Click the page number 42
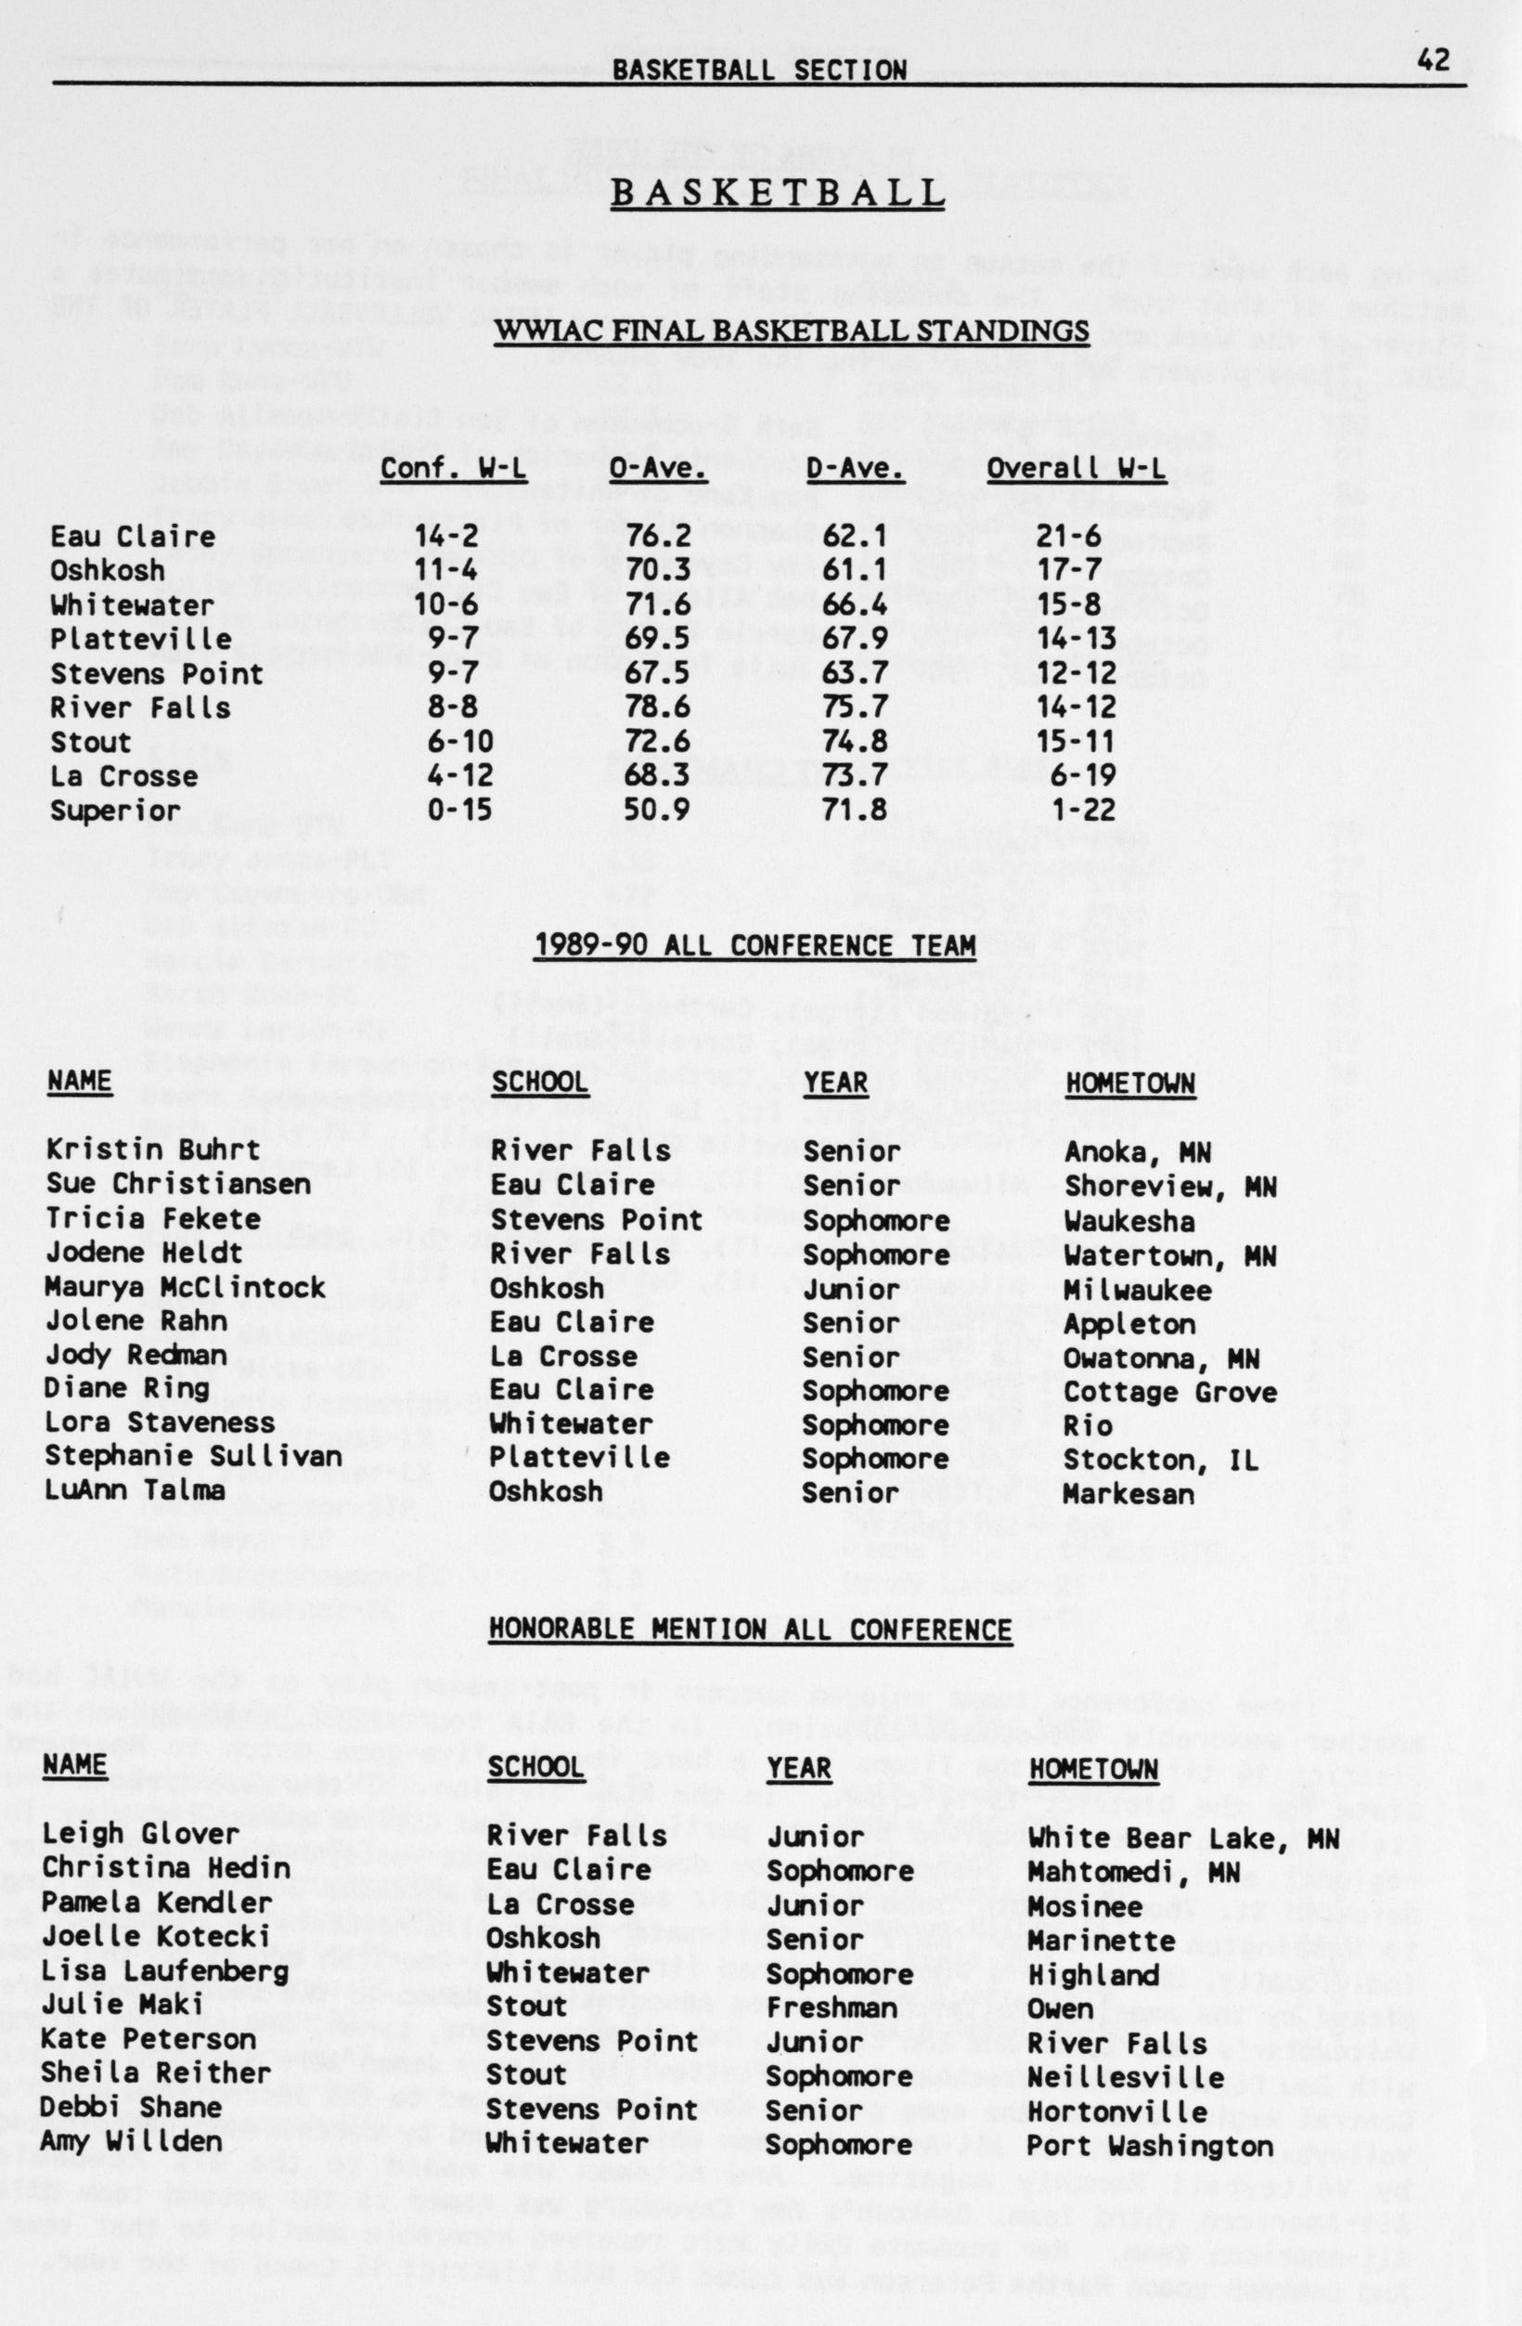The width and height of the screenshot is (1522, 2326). tap(1434, 59)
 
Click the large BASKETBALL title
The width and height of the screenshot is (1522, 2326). tap(778, 192)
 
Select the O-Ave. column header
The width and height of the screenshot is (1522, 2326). tap(658, 469)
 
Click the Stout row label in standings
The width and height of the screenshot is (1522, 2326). tap(91, 742)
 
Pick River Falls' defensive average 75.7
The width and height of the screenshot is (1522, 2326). tap(855, 707)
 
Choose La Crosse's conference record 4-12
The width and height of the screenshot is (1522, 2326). tap(459, 776)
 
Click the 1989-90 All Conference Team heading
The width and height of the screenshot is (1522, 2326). tap(755, 945)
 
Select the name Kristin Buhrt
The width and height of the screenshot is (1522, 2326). tap(153, 1150)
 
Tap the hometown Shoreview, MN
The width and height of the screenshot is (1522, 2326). tap(1171, 1185)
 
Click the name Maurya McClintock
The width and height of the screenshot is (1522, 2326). tap(186, 1287)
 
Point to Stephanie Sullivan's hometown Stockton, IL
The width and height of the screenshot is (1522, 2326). tap(1162, 1459)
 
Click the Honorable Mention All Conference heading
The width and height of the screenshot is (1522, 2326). tap(750, 1630)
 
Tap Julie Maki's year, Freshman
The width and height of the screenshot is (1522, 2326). tap(832, 2008)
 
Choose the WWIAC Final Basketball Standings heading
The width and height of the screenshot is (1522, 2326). tap(793, 331)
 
